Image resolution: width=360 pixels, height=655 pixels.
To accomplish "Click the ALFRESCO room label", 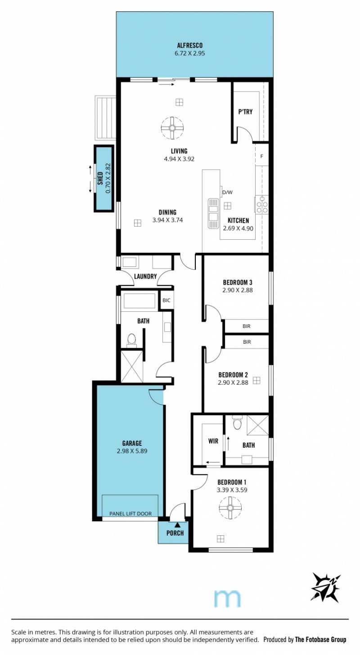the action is [190, 45].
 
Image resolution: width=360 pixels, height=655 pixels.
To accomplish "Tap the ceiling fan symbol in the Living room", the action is [172, 128].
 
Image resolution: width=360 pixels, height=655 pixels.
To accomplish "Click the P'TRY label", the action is [245, 112].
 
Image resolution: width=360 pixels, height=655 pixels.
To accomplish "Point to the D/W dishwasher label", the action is [227, 193].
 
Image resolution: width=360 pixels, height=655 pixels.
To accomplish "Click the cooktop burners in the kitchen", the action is [262, 204].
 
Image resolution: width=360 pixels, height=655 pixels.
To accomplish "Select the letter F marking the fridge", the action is [262, 157].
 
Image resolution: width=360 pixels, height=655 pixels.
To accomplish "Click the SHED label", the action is [100, 178].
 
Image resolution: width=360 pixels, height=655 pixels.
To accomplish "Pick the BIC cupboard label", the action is [166, 301].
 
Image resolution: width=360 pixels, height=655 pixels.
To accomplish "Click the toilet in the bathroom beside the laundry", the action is [132, 340].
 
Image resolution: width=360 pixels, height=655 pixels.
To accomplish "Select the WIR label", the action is [213, 441].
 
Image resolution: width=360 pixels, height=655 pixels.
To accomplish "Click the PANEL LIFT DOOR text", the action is [130, 513].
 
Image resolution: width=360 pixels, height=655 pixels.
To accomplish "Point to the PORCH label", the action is [175, 533].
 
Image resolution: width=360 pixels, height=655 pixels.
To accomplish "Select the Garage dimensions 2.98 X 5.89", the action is [132, 451].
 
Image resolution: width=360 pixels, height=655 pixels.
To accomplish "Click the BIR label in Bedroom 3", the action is [247, 326].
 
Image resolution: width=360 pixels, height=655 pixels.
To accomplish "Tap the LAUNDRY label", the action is [145, 276].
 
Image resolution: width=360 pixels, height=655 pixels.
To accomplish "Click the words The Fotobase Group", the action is [320, 639].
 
